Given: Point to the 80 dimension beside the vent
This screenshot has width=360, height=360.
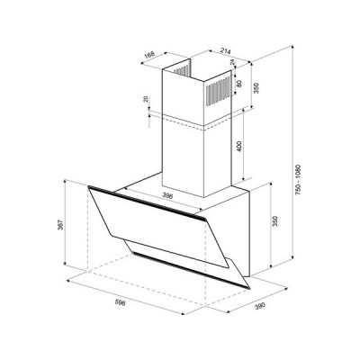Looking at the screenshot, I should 238,83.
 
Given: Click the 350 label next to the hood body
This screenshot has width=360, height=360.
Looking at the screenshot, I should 275,221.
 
